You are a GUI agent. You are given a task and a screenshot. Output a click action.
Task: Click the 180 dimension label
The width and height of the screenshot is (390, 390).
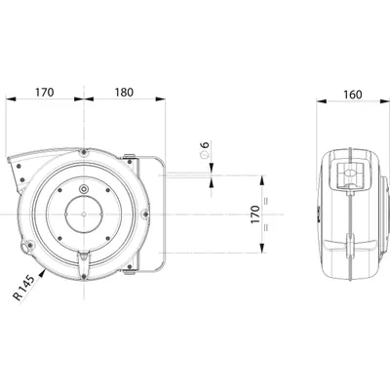(x=124, y=93)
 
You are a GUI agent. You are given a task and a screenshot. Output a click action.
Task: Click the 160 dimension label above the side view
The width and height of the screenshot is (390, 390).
(x=352, y=95)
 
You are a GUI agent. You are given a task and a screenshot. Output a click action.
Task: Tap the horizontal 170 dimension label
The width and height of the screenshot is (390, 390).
(x=44, y=93)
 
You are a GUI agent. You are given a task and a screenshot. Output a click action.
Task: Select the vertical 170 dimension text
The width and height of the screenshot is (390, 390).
(x=255, y=214)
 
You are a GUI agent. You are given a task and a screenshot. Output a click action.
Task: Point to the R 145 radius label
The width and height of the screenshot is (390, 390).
(x=23, y=288)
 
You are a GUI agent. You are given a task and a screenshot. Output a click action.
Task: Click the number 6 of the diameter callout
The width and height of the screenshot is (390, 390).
(x=206, y=144)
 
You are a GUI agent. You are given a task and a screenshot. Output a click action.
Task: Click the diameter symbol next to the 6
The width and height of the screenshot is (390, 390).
(x=205, y=155)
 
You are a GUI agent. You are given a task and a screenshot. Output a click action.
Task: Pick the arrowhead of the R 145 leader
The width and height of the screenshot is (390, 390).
(x=43, y=274)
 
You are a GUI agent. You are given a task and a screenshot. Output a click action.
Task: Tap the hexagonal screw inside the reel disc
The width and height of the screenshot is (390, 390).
(x=84, y=189)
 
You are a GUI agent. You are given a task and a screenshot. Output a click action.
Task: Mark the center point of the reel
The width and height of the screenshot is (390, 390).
(x=84, y=214)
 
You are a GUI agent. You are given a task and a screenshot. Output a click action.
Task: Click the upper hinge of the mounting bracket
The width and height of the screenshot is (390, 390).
(x=130, y=158)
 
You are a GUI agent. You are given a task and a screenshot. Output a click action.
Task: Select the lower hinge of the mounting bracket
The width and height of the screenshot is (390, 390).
(x=130, y=269)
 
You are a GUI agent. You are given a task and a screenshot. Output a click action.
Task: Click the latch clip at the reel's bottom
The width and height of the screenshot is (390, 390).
(x=84, y=262)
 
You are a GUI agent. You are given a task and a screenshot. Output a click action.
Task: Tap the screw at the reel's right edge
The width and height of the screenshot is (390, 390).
(x=145, y=214)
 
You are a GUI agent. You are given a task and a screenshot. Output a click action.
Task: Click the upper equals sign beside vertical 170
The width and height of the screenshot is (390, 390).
(x=266, y=202)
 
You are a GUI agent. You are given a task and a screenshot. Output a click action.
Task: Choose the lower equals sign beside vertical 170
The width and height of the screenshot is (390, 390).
(x=266, y=227)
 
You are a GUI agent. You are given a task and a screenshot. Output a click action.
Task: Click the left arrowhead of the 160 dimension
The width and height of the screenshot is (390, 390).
(x=322, y=101)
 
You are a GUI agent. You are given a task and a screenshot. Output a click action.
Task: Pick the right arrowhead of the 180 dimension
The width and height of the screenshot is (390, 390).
(x=161, y=98)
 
